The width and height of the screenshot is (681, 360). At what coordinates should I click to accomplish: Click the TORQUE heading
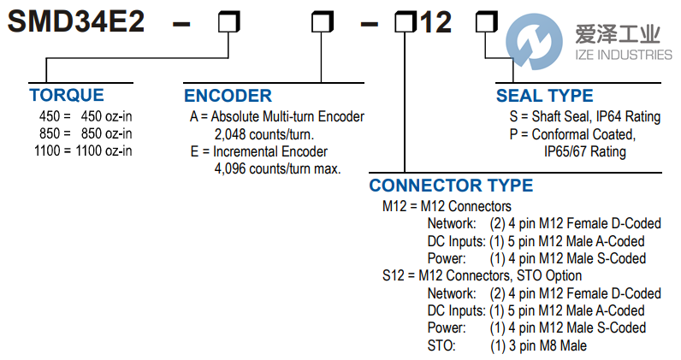(x=67, y=95)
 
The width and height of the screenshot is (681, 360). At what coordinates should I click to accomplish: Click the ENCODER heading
(x=228, y=96)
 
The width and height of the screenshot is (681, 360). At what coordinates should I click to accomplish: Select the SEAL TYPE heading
(x=544, y=96)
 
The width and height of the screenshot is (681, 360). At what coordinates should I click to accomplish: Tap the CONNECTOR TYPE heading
(x=451, y=186)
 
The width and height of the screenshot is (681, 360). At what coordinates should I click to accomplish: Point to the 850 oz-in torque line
(x=86, y=133)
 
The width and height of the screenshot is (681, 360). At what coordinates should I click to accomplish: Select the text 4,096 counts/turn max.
(x=277, y=168)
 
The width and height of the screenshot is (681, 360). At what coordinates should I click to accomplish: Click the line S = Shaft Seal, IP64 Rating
(x=580, y=117)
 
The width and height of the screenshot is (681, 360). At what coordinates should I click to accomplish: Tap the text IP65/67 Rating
(x=585, y=151)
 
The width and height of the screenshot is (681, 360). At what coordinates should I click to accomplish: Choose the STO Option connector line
(x=482, y=275)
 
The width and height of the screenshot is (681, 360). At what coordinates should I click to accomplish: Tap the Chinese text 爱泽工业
(x=618, y=34)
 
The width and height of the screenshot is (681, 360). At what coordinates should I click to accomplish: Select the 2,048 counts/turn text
(x=264, y=134)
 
